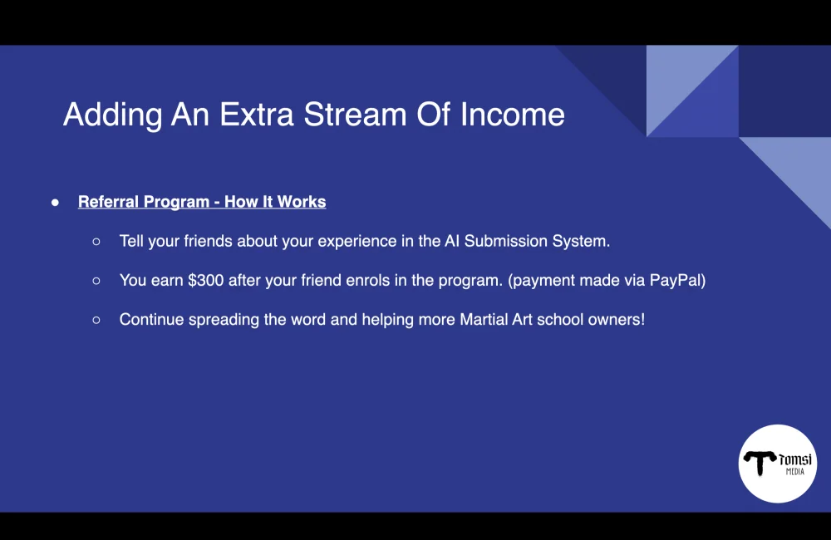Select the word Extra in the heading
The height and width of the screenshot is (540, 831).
click(x=256, y=114)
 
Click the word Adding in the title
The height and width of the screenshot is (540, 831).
click(x=112, y=114)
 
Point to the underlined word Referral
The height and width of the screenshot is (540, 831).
click(x=108, y=202)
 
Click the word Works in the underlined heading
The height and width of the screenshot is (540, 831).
click(x=302, y=202)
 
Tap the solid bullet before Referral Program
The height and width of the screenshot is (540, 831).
click(x=55, y=202)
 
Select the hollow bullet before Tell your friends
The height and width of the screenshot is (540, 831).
click(x=96, y=242)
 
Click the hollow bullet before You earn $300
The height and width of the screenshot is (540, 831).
click(x=96, y=281)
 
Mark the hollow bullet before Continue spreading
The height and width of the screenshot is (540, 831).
click(x=96, y=320)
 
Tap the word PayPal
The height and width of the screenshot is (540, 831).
click(x=676, y=280)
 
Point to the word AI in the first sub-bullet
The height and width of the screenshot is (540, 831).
click(x=450, y=241)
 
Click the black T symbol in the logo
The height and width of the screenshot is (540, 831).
click(x=760, y=463)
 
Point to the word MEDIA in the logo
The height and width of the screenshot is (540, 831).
click(x=795, y=472)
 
